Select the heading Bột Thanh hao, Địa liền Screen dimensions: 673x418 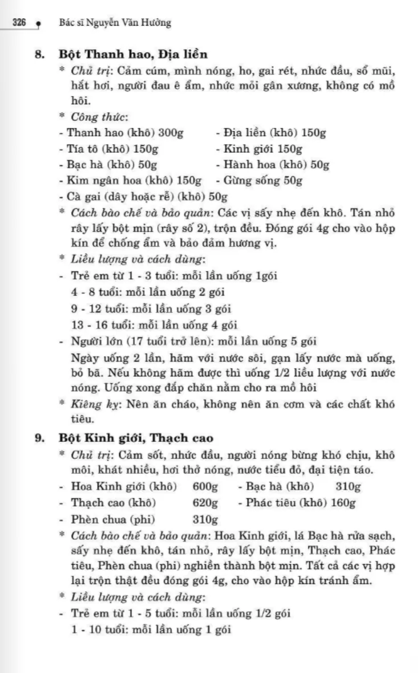point(133,55)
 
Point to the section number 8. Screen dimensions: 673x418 point(39,55)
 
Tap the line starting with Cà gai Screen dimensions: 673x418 point(143,197)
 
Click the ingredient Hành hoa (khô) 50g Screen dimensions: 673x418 point(273,165)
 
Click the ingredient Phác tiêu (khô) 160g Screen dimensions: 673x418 point(301,503)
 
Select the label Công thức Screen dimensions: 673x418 point(99,117)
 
